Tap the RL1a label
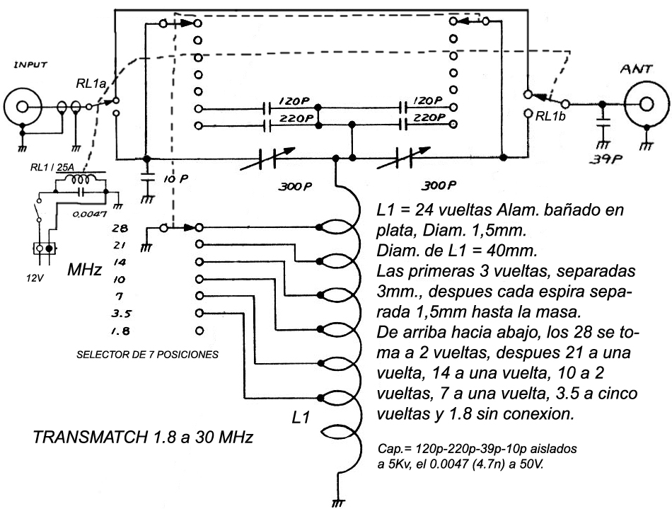tap(91, 84)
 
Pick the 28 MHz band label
tap(121, 228)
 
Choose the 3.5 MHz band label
tap(122, 313)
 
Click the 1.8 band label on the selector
tap(122, 330)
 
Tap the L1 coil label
tap(301, 418)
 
